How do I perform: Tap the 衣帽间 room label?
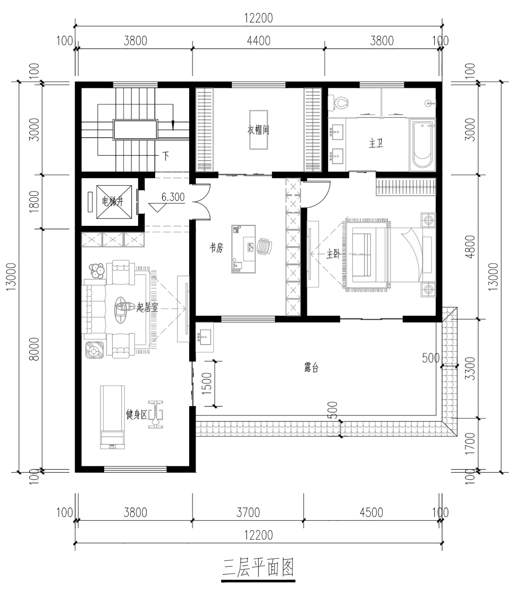pos(258,130)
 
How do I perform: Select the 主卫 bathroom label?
pos(376,143)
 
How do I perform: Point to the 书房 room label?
pos(216,248)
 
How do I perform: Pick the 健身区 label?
pos(137,414)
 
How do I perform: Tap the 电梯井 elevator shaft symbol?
pos(114,202)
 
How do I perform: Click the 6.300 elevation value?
pos(173,197)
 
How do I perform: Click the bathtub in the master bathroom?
pos(422,145)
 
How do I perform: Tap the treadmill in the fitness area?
pos(112,417)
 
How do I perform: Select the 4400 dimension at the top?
pos(259,41)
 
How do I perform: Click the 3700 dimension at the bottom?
pos(248,513)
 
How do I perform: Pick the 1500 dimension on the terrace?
pos(206,384)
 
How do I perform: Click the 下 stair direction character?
pos(166,156)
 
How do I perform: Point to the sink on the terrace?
pos(205,337)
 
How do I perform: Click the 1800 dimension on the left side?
pos(35,202)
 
